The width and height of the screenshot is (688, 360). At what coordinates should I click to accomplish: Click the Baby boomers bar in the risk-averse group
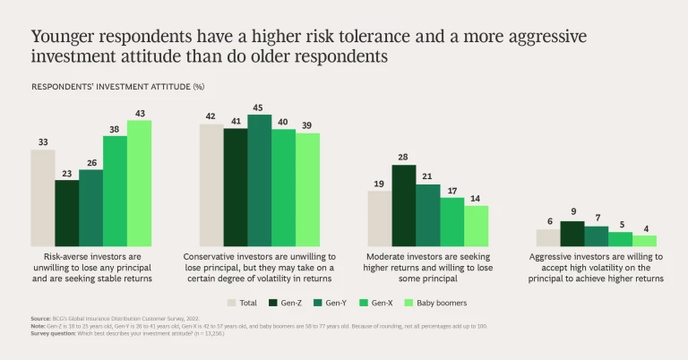pyautogui.click(x=140, y=184)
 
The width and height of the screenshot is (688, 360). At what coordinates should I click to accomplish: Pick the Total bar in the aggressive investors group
pyautogui.click(x=548, y=237)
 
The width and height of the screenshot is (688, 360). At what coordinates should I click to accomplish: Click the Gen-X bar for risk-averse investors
pyautogui.click(x=116, y=191)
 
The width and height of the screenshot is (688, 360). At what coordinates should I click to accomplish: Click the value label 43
pyautogui.click(x=140, y=113)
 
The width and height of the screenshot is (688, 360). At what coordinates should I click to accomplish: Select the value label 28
pyautogui.click(x=404, y=158)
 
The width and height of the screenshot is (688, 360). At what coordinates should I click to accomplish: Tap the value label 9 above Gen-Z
pyautogui.click(x=572, y=212)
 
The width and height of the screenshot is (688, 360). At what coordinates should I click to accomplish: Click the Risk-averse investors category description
pyautogui.click(x=91, y=266)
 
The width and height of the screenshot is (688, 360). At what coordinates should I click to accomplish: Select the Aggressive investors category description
pyautogui.click(x=597, y=266)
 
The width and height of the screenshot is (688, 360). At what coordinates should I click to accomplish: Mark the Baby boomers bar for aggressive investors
pyautogui.click(x=645, y=241)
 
